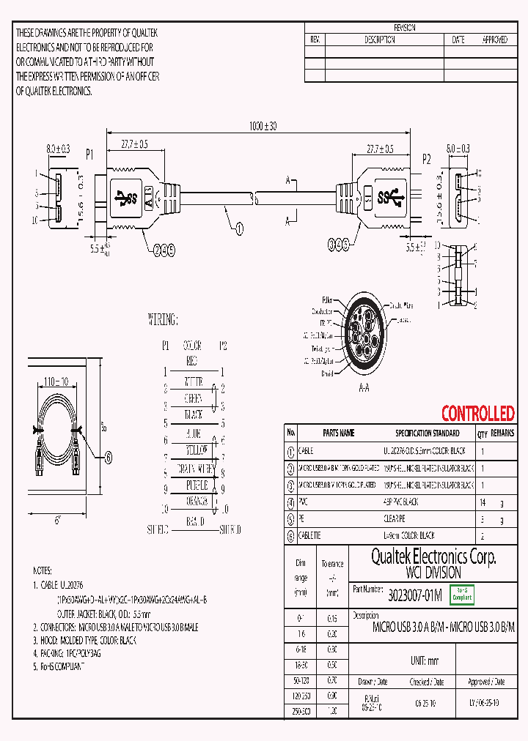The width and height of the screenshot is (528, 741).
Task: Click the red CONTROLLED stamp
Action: coord(477,414)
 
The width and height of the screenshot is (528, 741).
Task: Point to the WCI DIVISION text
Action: coord(433,573)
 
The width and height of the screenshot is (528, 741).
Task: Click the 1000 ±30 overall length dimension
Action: coord(263,126)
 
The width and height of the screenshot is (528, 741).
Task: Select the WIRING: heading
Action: coord(163,320)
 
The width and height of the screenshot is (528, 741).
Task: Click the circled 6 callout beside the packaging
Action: coord(109,458)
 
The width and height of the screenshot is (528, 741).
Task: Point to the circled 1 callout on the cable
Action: coord(239,228)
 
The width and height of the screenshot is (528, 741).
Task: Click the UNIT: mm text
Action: coord(424,660)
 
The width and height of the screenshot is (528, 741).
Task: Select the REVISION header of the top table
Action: coord(405,28)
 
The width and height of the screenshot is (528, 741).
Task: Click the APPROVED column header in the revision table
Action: coord(494,40)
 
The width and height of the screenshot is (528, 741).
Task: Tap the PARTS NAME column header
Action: coord(338,433)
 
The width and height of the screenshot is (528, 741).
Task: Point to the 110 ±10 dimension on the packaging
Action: coord(55,382)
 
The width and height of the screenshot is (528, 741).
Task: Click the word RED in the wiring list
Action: coord(191,360)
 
